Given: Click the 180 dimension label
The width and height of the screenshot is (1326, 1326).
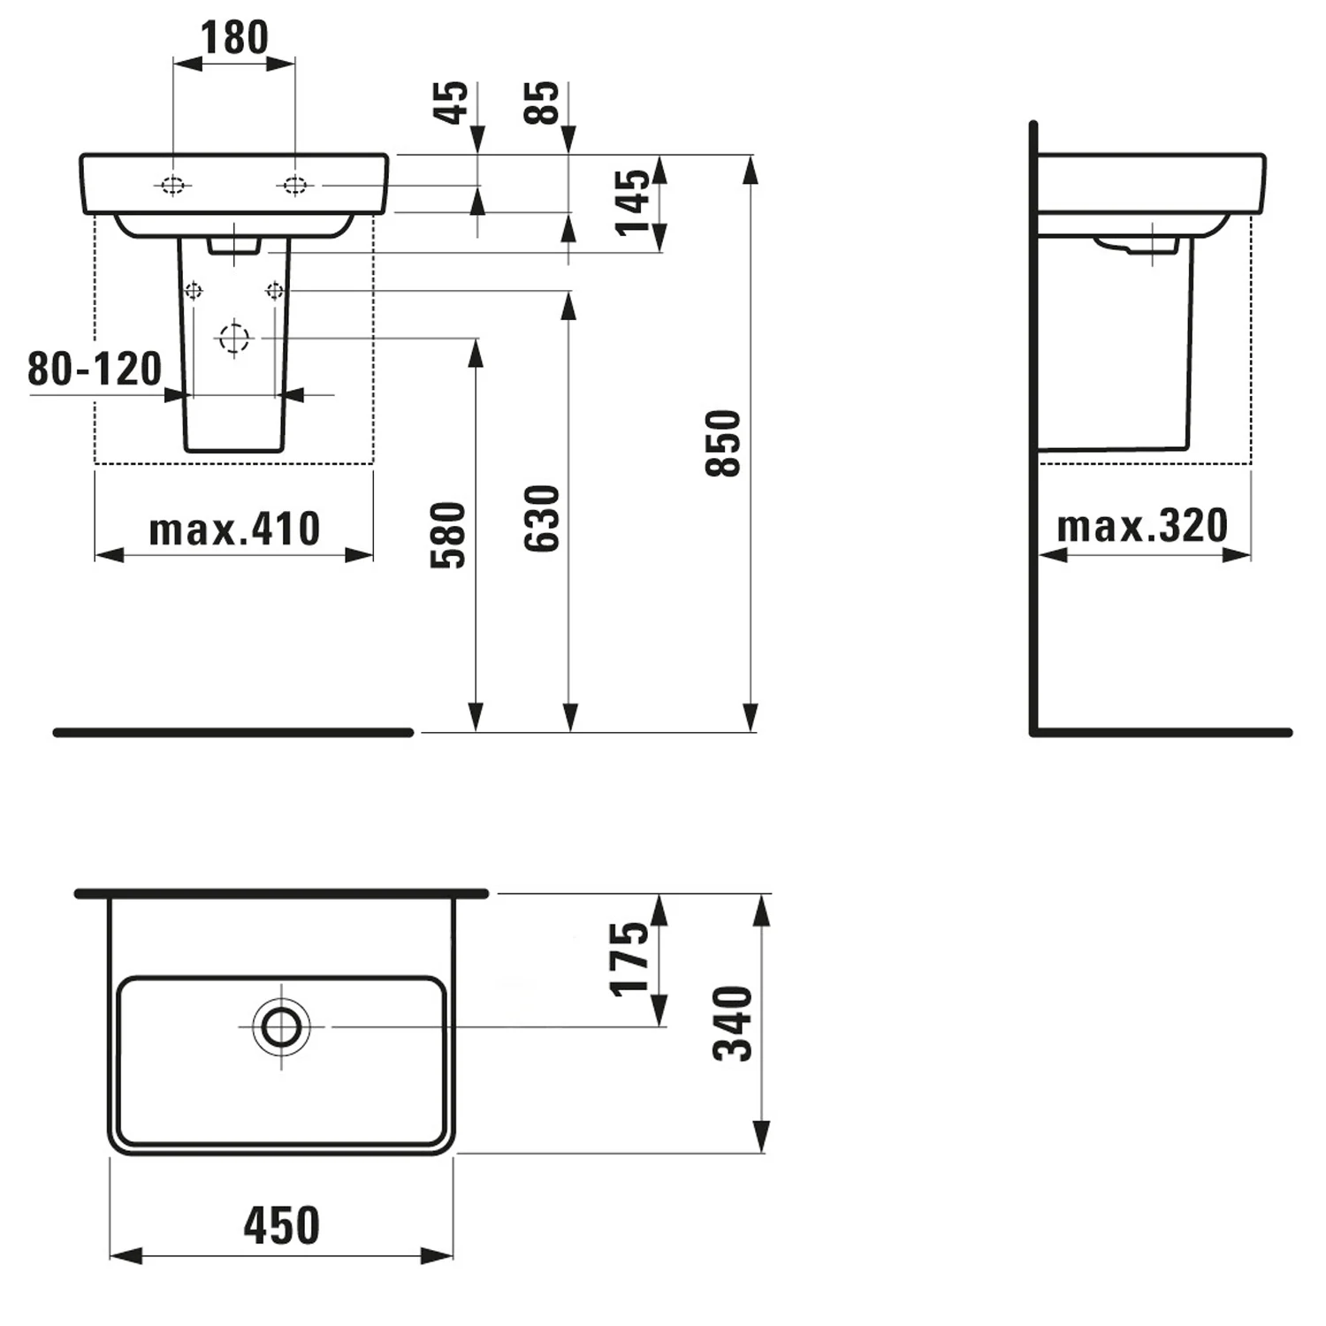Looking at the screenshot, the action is (x=234, y=38).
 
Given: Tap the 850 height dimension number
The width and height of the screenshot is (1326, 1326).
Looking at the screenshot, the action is (x=723, y=444).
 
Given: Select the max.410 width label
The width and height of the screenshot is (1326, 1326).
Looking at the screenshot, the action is (x=234, y=530).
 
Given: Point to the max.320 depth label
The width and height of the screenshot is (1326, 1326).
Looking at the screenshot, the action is (x=1143, y=526).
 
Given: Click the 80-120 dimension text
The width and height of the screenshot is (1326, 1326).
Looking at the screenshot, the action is (x=95, y=369).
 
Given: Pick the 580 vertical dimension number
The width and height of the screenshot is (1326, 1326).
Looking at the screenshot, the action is (x=448, y=535).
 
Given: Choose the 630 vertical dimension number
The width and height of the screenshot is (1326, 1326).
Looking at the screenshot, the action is (x=542, y=519).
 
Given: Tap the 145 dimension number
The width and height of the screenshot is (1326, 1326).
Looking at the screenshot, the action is (x=633, y=202).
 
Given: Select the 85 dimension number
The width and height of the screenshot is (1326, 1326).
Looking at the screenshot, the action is (x=542, y=102).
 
